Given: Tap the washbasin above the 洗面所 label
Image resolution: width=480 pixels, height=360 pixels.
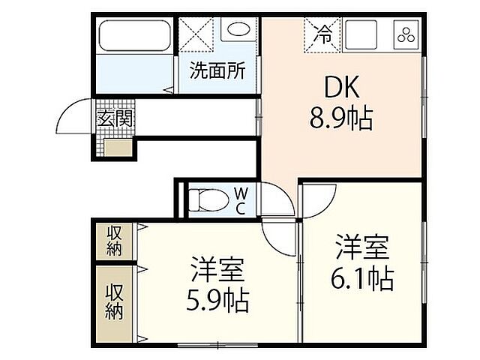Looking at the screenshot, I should tap(239, 32).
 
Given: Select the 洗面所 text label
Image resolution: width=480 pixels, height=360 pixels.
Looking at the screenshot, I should tap(217, 72).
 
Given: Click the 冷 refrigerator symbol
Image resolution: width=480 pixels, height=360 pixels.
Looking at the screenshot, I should tap(323, 34).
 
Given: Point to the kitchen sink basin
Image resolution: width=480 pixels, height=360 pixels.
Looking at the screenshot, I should tap(361, 34).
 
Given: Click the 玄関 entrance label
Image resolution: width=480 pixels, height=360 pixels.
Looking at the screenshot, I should tap(115, 118).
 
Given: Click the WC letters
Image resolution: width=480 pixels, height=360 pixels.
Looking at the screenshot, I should tap(241, 200).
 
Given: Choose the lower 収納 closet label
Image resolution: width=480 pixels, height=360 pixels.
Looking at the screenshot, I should tap(114, 299).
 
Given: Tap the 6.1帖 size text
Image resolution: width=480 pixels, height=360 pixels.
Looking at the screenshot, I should tap(362, 279).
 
